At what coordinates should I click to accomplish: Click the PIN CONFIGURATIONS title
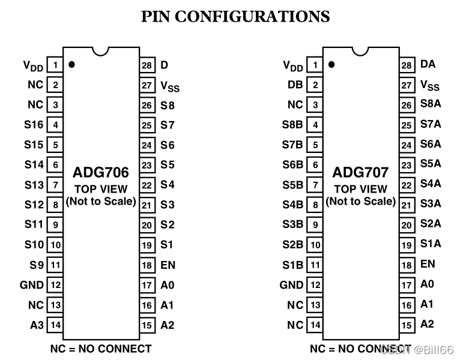pos(235,16)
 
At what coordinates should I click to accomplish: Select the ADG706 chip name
pos(101,173)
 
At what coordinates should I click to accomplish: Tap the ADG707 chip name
pos(361,173)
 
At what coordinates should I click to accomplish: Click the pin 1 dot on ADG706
pos(72,64)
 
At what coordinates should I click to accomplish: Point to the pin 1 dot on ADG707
pos(331,64)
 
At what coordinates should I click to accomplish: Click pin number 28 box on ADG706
pos(147,65)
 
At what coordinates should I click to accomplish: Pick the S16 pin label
pos(34,125)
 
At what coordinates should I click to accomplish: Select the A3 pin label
pos(37,325)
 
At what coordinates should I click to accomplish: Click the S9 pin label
pos(37,265)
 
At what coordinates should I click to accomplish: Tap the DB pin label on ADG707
pos(295,85)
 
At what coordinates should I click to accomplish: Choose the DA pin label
pos(428,64)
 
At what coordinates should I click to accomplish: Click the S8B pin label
pos(292,125)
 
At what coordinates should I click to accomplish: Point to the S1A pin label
pos(430,244)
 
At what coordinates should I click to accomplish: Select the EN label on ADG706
pos(168,265)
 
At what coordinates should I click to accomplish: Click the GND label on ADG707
pos(292,285)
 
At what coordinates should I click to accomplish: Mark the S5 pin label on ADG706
pos(167,164)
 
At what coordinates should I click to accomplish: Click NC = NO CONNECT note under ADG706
pos(101,349)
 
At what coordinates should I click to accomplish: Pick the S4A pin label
pos(430,184)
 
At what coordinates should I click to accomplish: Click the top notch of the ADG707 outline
pos(360,52)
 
